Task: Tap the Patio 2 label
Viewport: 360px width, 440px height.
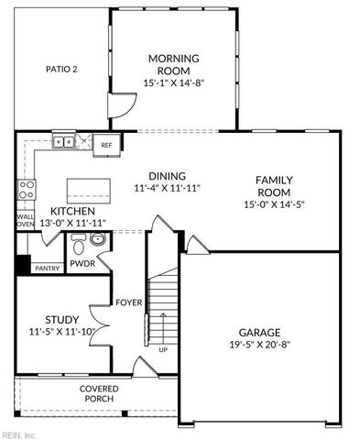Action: click(x=62, y=69)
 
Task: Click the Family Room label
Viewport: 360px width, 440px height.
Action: click(x=273, y=186)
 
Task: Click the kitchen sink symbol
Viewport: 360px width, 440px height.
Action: click(x=63, y=141)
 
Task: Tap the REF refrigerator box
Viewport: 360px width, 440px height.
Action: click(x=106, y=145)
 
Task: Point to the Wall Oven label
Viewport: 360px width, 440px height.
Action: click(x=26, y=221)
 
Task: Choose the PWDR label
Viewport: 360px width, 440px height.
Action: click(x=108, y=263)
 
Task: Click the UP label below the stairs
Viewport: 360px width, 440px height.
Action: click(x=164, y=349)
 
